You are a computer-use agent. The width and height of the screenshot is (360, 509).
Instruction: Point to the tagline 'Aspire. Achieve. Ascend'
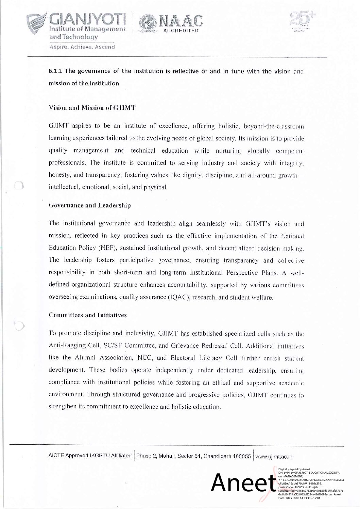(82, 47)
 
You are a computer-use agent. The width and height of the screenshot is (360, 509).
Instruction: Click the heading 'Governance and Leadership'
(90, 205)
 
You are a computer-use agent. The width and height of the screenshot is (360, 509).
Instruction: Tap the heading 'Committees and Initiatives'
(88, 315)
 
